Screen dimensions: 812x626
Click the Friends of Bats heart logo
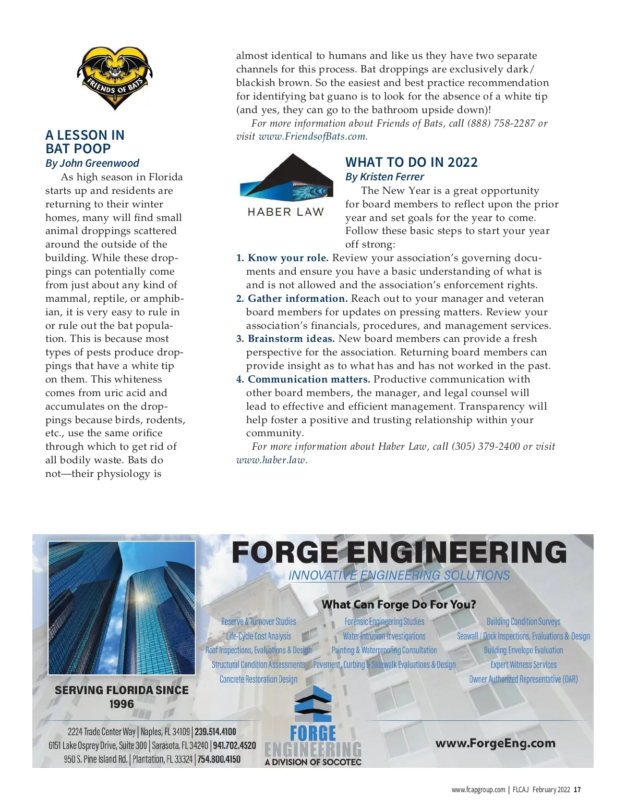[114, 78]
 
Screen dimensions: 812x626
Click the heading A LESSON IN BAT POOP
[85, 142]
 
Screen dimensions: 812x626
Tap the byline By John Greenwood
[92, 163]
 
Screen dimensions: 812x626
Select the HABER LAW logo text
[285, 212]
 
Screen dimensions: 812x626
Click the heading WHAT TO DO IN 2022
[411, 163]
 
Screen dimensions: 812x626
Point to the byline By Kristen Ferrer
[384, 177]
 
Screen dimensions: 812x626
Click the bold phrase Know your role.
[288, 258]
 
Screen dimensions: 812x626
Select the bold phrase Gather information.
[297, 299]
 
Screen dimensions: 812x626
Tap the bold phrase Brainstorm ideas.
[291, 339]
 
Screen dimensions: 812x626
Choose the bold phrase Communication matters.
[309, 379]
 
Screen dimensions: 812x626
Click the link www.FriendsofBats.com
[312, 137]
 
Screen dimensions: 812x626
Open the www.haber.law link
[271, 460]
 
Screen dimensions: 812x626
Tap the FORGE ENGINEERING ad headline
[399, 552]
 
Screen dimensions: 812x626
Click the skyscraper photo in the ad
[122, 608]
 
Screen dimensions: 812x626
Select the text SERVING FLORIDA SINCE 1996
[122, 697]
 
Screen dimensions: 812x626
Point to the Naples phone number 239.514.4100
[215, 732]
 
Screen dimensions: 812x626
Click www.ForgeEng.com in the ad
[495, 743]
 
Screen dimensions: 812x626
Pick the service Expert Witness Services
[523, 665]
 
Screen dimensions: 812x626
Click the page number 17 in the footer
[577, 790]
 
